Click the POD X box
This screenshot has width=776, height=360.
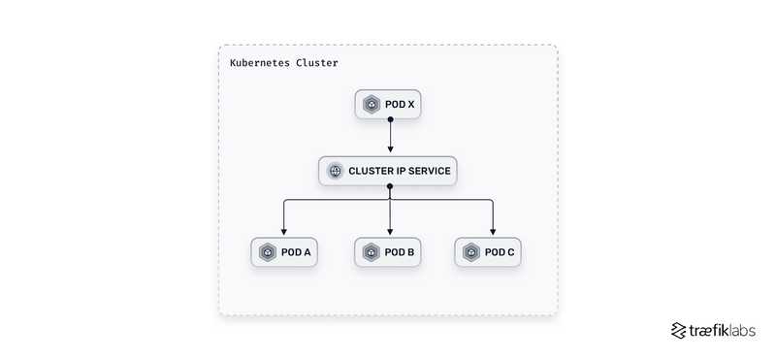click(x=388, y=104)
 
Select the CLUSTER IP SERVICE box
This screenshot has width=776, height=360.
click(x=388, y=172)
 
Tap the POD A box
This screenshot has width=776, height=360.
click(x=283, y=252)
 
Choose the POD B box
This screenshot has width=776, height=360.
click(x=388, y=252)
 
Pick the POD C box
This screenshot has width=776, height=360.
click(x=492, y=252)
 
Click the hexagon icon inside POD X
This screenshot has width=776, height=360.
click(x=371, y=104)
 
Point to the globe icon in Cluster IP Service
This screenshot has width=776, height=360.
click(x=335, y=172)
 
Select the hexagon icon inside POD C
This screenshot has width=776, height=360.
click(x=471, y=252)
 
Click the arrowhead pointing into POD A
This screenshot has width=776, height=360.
click(x=283, y=232)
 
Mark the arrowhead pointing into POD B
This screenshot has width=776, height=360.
click(x=389, y=232)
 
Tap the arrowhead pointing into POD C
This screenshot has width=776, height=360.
click(x=493, y=232)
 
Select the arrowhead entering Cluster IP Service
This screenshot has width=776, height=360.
click(x=389, y=151)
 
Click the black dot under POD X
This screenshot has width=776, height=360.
click(x=389, y=119)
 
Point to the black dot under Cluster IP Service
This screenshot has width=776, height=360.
click(x=389, y=186)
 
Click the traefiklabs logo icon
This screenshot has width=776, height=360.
click(x=678, y=330)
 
